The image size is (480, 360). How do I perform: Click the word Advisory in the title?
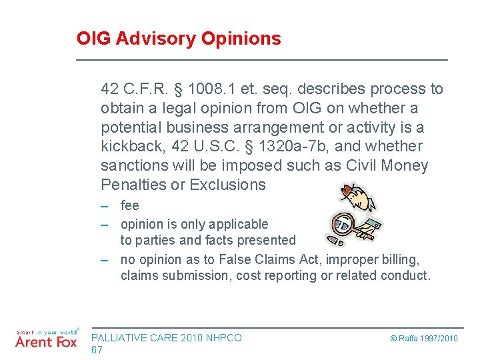(x=155, y=39)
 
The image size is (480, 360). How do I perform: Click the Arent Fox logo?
(x=46, y=340)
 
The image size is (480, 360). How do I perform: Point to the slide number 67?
(x=97, y=350)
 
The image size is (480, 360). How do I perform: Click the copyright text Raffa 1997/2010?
(x=425, y=339)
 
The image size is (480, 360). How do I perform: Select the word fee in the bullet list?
(x=130, y=206)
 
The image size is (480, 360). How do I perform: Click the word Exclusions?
(x=228, y=185)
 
